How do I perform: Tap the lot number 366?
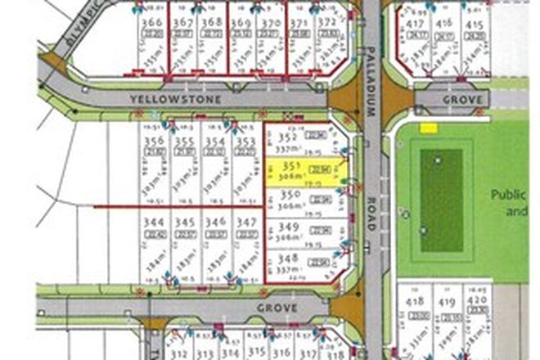151,22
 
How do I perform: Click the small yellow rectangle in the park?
429,128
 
